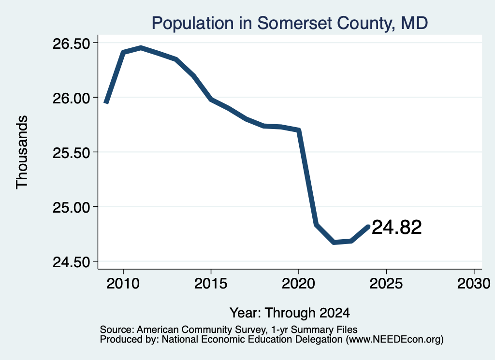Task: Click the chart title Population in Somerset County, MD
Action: [x=290, y=23]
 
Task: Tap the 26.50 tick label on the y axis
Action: [x=72, y=43]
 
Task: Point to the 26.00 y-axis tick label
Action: [x=72, y=98]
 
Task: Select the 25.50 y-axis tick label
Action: [x=72, y=153]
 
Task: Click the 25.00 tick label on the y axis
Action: [x=72, y=208]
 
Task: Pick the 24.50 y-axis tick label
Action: [x=72, y=262]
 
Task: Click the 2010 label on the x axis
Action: [x=123, y=284]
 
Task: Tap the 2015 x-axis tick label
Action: [x=211, y=284]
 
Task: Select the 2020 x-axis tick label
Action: [x=298, y=284]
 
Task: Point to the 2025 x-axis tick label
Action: [x=386, y=284]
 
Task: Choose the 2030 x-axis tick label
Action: [x=474, y=284]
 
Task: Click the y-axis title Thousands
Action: [x=22, y=152]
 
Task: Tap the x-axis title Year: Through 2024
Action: [x=290, y=313]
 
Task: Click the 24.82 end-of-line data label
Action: [x=396, y=227]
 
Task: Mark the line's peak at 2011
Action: [x=141, y=48]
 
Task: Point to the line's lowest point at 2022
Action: [x=334, y=242]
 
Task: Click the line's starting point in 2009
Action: [x=106, y=103]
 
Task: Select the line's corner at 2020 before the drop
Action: [x=298, y=130]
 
